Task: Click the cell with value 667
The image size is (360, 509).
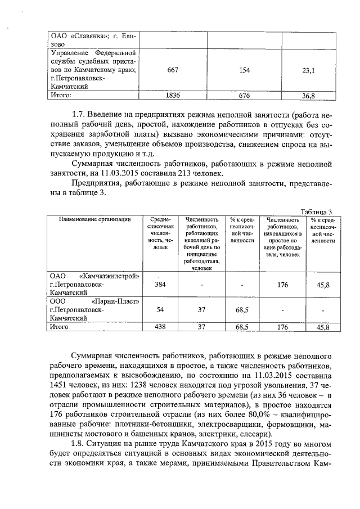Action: [x=173, y=70]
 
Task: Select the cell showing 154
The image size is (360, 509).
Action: [x=244, y=70]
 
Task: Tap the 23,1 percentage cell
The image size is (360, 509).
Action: [x=308, y=70]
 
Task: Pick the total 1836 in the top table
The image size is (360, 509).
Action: [x=173, y=95]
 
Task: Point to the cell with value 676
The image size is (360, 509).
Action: [x=244, y=95]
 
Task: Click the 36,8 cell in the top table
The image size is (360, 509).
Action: [x=308, y=96]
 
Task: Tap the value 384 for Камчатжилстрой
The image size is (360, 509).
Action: [x=160, y=285]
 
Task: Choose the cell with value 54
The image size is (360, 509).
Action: [x=160, y=310]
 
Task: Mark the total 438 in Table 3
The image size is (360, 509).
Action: [x=160, y=327]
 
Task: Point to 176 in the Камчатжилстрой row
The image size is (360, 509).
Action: [x=283, y=285]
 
